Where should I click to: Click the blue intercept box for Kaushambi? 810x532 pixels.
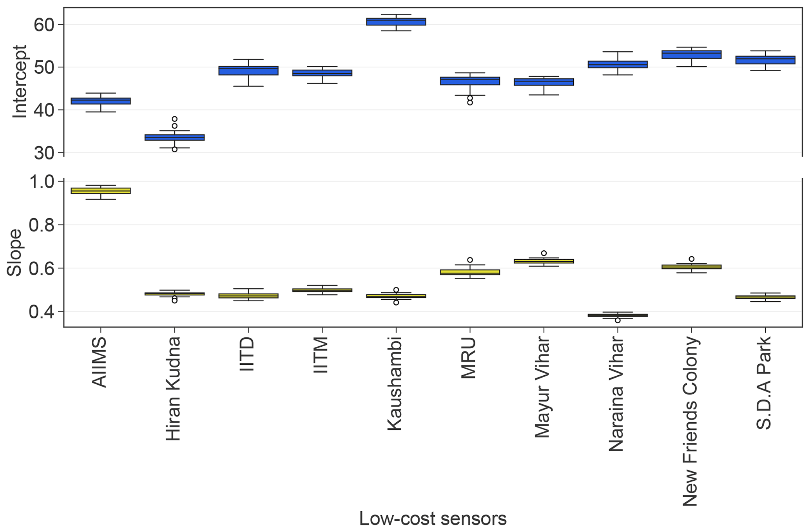pos(396,22)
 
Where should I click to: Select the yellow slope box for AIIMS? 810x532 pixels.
pos(101,191)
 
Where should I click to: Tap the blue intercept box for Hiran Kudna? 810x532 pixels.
pos(174,137)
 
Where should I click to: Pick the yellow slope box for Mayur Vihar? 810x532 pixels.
pos(544,261)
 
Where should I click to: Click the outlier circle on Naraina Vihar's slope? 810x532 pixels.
pos(618,320)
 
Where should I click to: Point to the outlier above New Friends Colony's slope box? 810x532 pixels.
pos(691,259)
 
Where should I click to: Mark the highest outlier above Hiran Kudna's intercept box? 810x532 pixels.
pos(174,119)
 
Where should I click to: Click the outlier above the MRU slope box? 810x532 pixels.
pos(470,260)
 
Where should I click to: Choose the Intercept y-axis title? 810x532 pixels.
pos(20,81)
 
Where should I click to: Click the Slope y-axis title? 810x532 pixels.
pos(15,253)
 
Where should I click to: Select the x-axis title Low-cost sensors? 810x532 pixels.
pos(433,518)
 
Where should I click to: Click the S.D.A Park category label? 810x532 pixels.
pos(764,383)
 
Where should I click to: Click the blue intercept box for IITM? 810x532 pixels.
pos(322,73)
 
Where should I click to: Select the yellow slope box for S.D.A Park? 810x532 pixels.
pos(765,297)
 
